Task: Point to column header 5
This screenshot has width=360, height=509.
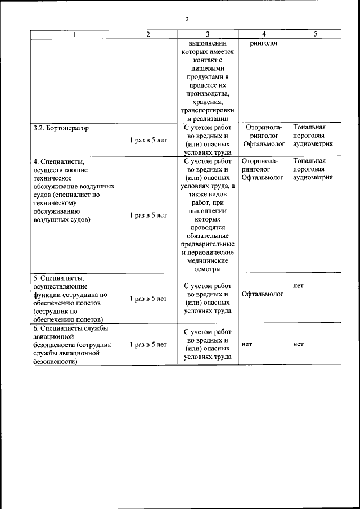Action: click(315, 34)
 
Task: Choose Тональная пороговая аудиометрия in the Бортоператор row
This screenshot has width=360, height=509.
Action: click(313, 136)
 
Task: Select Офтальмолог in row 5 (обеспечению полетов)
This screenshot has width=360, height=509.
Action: click(264, 294)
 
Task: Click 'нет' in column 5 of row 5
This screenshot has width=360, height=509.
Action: click(298, 286)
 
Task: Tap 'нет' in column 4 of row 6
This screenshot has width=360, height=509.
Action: click(246, 345)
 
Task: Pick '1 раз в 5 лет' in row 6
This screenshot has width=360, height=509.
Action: click(148, 345)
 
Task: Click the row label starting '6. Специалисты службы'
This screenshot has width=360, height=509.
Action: click(71, 345)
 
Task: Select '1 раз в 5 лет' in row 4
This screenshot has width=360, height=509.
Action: click(148, 215)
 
